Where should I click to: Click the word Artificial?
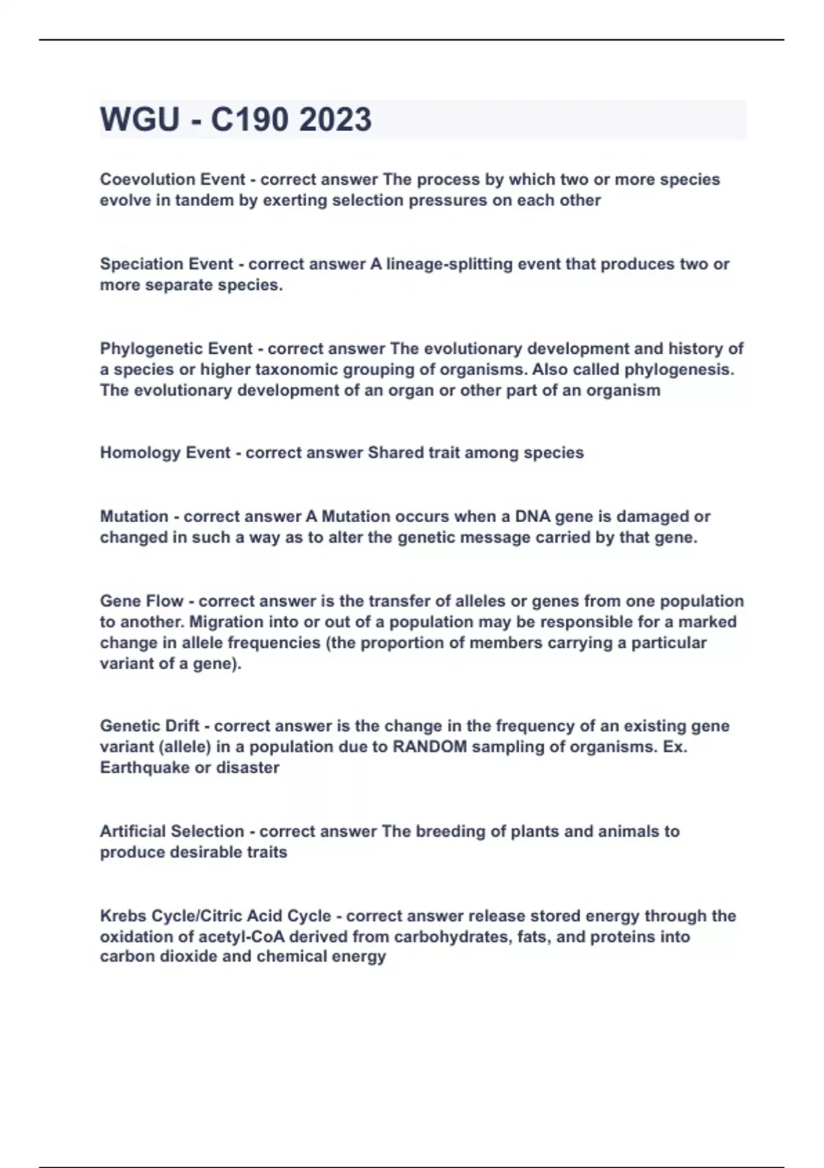click(133, 831)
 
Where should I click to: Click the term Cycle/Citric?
click(198, 916)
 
